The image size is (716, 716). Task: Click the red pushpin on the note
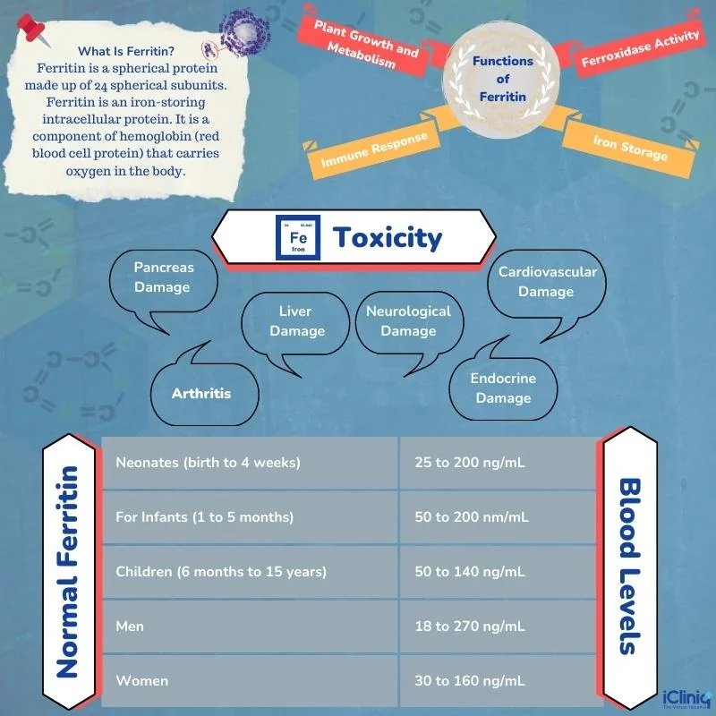coord(31,29)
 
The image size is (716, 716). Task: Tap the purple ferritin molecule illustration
coord(243,33)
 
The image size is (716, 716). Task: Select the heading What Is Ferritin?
coord(126,51)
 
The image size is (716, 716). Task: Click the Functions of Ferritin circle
coord(502,79)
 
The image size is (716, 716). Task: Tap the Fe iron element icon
coord(298,237)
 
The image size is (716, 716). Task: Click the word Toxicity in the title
coord(388,238)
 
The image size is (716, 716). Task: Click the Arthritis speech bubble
coord(203,389)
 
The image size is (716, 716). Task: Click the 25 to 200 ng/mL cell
coord(498,463)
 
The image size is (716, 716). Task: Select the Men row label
coord(130,626)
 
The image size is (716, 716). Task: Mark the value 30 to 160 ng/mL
coord(470,681)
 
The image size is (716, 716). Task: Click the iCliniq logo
coord(686,699)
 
